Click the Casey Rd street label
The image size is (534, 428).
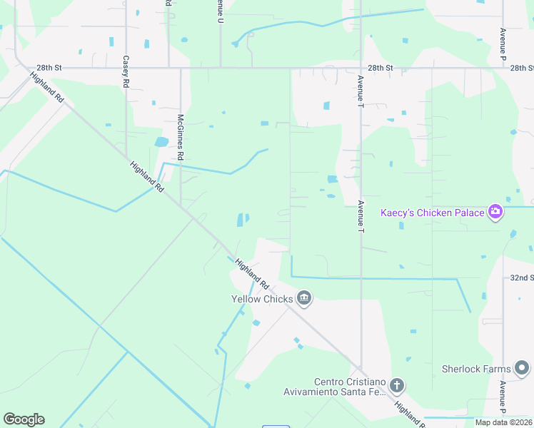(x=126, y=72)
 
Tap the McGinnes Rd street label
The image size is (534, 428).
(x=181, y=136)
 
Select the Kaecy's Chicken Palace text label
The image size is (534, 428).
(x=433, y=213)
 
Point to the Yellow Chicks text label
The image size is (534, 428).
(x=262, y=299)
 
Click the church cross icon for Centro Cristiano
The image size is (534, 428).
(x=397, y=387)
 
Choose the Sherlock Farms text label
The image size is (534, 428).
(x=476, y=369)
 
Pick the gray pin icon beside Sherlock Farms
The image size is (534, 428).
(x=523, y=369)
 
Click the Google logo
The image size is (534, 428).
(x=24, y=419)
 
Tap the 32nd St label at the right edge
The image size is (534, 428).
(x=523, y=277)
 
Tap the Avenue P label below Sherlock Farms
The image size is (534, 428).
(x=503, y=398)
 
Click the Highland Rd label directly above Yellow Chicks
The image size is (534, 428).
(x=251, y=273)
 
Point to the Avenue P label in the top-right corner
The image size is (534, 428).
(x=503, y=43)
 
